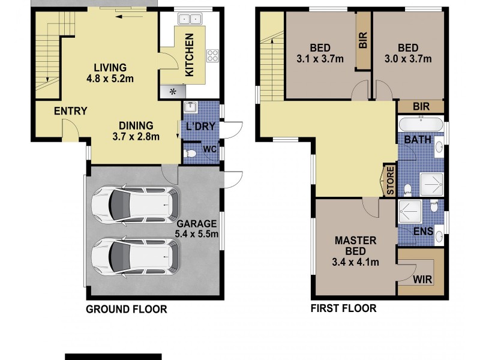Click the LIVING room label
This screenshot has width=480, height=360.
coord(109,67)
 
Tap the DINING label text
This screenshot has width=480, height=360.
coord(136,125)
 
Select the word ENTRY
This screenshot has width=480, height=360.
coord(70,111)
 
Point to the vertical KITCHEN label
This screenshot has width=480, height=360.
coord(189,55)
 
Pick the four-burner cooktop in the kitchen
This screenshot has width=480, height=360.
coord(212,55)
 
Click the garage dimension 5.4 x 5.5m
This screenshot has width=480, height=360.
coord(196,235)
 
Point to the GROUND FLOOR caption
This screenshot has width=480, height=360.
coord(126,310)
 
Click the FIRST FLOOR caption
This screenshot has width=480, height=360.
coord(343,309)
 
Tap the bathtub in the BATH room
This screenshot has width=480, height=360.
coord(421,125)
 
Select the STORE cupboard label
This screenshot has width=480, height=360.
coord(389,180)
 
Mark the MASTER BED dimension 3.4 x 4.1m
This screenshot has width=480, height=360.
coord(355,263)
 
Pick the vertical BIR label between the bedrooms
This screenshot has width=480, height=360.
coord(362,40)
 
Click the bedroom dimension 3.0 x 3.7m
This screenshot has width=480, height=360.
coord(408,59)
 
